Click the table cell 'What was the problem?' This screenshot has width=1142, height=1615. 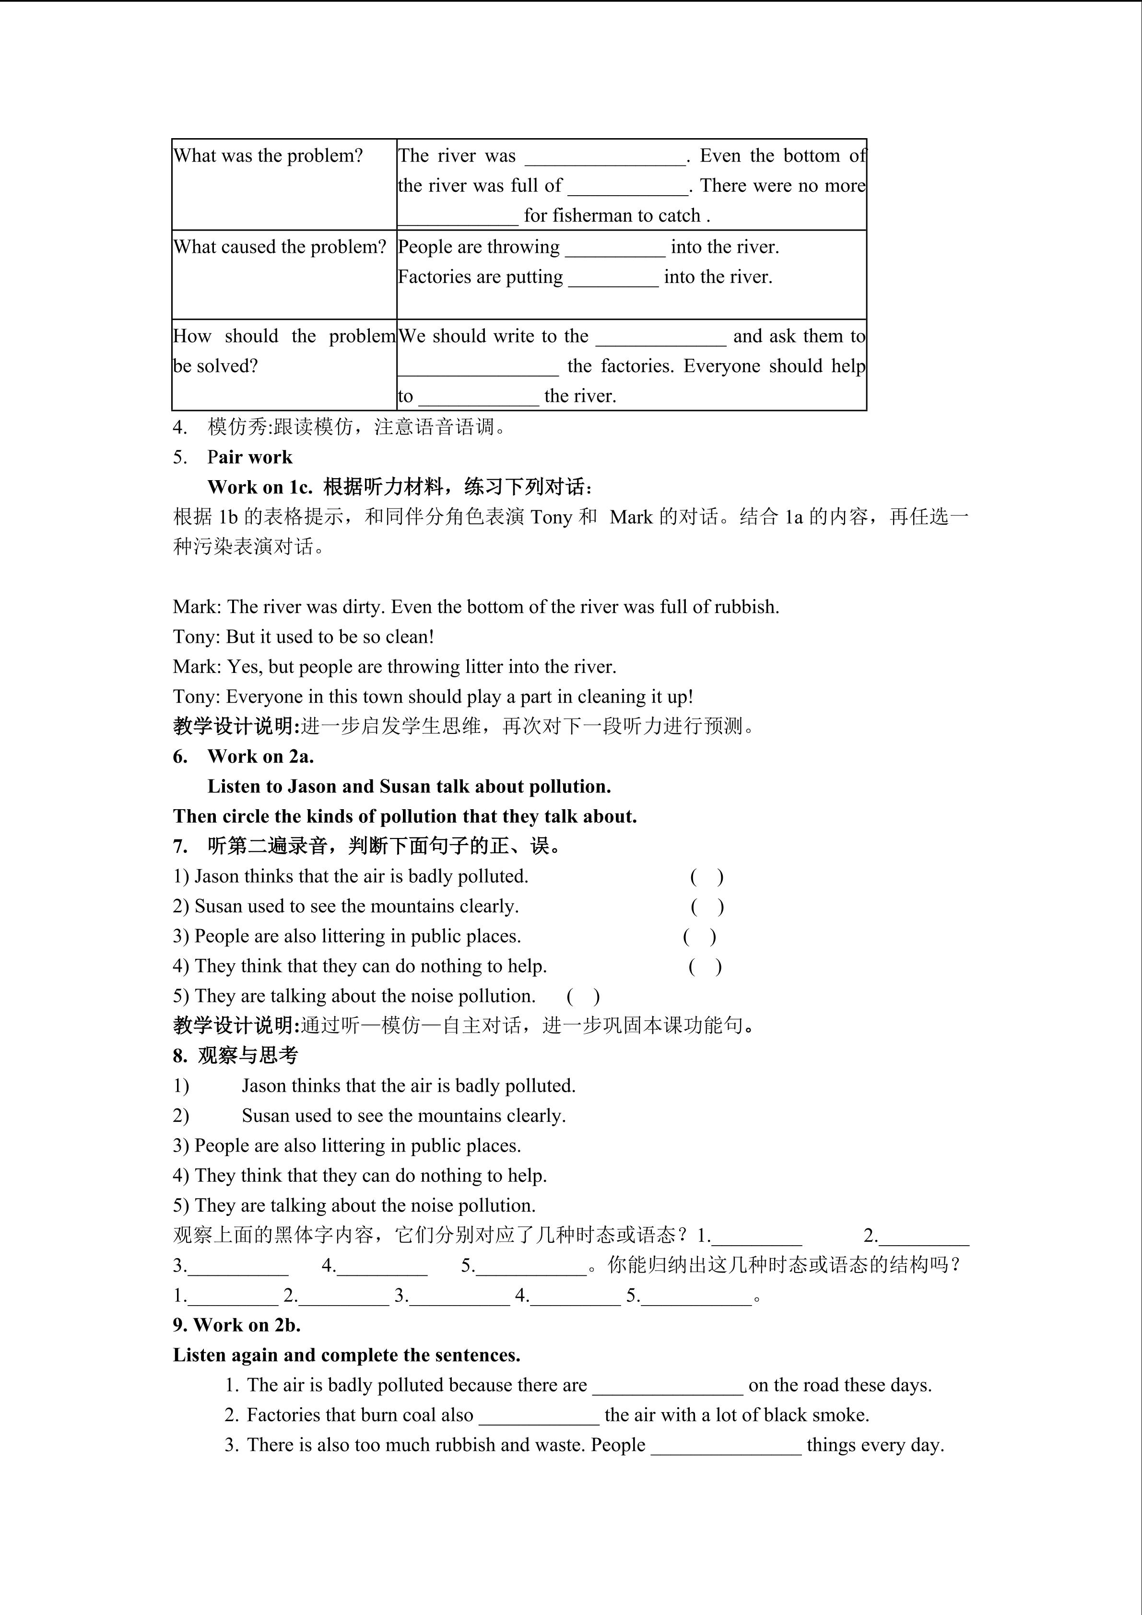pyautogui.click(x=268, y=155)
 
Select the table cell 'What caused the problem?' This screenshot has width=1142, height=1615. pyautogui.click(x=280, y=247)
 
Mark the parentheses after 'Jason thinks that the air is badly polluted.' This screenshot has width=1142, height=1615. pyautogui.click(x=706, y=876)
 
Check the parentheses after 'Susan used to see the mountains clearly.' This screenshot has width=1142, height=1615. pyautogui.click(x=706, y=907)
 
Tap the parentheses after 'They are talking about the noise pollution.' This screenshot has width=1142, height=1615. pyautogui.click(x=583, y=996)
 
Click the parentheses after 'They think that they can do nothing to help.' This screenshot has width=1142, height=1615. pyautogui.click(x=705, y=967)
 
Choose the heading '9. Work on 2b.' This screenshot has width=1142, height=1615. pyautogui.click(x=237, y=1325)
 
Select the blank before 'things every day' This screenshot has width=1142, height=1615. pyautogui.click(x=726, y=1446)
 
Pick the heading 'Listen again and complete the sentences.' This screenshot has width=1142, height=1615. pyautogui.click(x=347, y=1356)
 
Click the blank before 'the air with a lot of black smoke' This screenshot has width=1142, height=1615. pyautogui.click(x=539, y=1416)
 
